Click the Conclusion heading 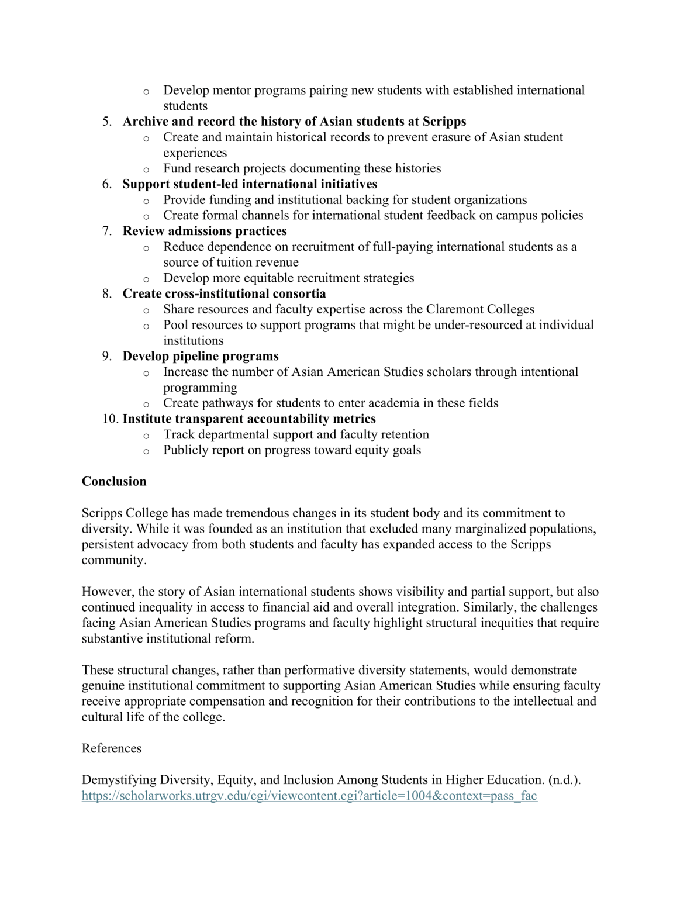click(x=114, y=482)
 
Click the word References click(x=112, y=749)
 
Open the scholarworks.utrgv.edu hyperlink click(x=309, y=796)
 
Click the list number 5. click(x=106, y=122)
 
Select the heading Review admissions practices click(x=205, y=231)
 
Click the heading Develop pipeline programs click(x=201, y=356)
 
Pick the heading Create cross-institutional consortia click(x=224, y=293)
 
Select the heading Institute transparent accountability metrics click(x=249, y=419)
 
